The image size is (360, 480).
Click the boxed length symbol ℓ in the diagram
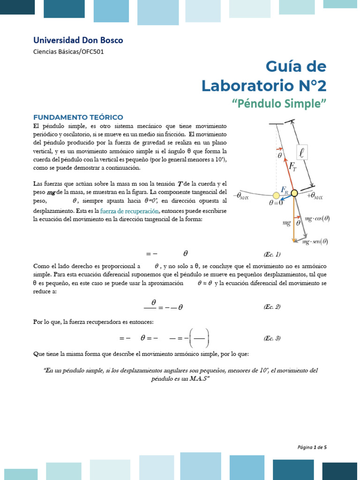(x=302, y=152)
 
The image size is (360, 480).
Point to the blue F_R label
(x=285, y=189)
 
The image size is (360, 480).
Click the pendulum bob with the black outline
(x=294, y=193)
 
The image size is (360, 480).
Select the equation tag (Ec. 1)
(x=272, y=255)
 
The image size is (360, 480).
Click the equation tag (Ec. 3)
(x=272, y=338)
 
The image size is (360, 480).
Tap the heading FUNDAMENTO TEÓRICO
(x=78, y=117)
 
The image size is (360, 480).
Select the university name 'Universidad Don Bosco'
(x=78, y=40)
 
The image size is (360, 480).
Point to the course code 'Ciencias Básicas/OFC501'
(x=68, y=52)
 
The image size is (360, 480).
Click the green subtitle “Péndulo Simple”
(x=279, y=104)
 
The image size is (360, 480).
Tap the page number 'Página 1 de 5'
(x=312, y=447)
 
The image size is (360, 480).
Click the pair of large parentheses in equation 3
(x=197, y=338)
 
